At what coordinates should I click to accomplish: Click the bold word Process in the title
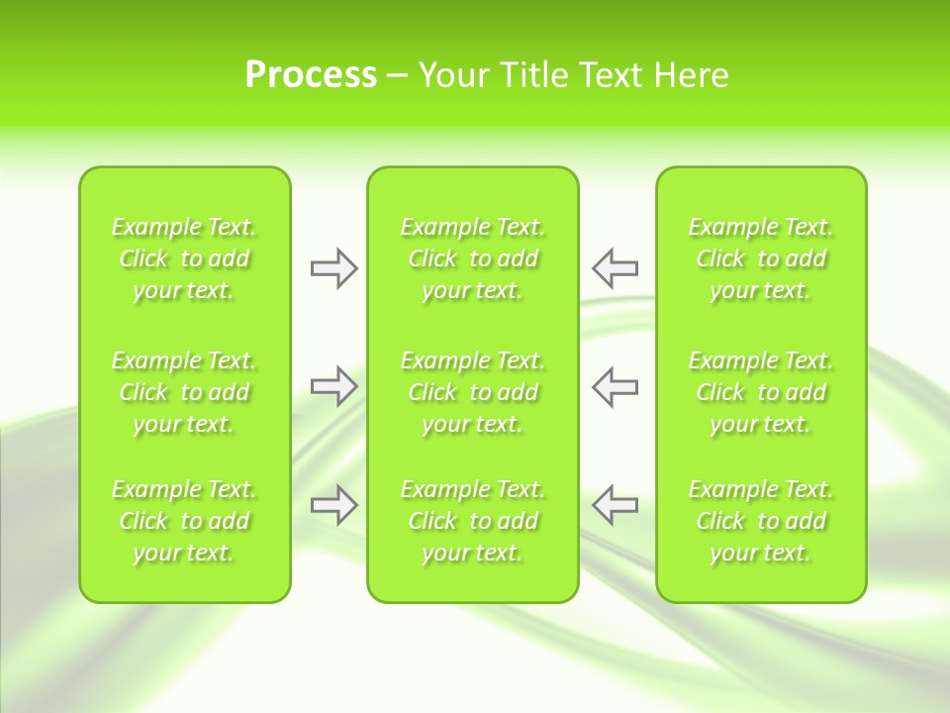[311, 75]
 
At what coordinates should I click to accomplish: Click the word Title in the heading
[533, 75]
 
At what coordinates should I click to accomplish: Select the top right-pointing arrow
[333, 268]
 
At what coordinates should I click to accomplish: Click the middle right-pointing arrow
[333, 386]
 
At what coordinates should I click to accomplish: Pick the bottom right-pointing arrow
[333, 505]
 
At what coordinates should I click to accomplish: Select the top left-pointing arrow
[615, 268]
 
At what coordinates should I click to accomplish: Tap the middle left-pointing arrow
[615, 386]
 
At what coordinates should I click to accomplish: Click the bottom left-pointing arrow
[615, 505]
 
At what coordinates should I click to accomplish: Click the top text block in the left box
[184, 258]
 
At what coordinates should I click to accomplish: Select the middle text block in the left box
[184, 392]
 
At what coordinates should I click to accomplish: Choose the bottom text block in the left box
[184, 521]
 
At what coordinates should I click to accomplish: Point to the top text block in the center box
[473, 258]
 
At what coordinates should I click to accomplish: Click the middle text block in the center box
[473, 392]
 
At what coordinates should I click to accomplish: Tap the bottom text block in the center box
[473, 521]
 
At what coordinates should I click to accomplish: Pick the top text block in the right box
[761, 258]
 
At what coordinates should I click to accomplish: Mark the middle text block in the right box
[761, 392]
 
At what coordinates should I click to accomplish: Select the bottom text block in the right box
[761, 521]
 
